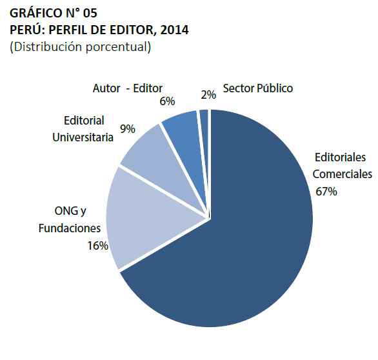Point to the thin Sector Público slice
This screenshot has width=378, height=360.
click(204, 129)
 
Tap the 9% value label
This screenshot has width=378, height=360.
click(127, 129)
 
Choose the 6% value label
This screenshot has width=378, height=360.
click(167, 101)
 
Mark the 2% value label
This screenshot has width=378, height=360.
click(208, 94)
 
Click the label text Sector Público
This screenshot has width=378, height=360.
click(257, 88)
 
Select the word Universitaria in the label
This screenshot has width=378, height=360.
click(83, 136)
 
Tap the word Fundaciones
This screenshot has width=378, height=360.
click(70, 228)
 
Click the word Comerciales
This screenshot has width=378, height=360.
click(342, 174)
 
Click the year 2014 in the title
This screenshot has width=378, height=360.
click(175, 30)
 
